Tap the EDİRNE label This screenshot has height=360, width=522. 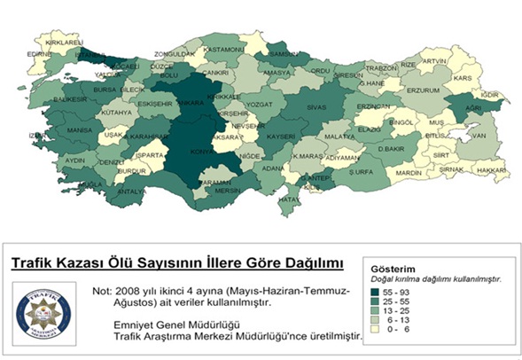(x=41, y=53)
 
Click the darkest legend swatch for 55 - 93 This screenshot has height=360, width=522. (x=381, y=290)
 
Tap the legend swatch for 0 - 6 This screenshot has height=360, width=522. (x=381, y=331)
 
